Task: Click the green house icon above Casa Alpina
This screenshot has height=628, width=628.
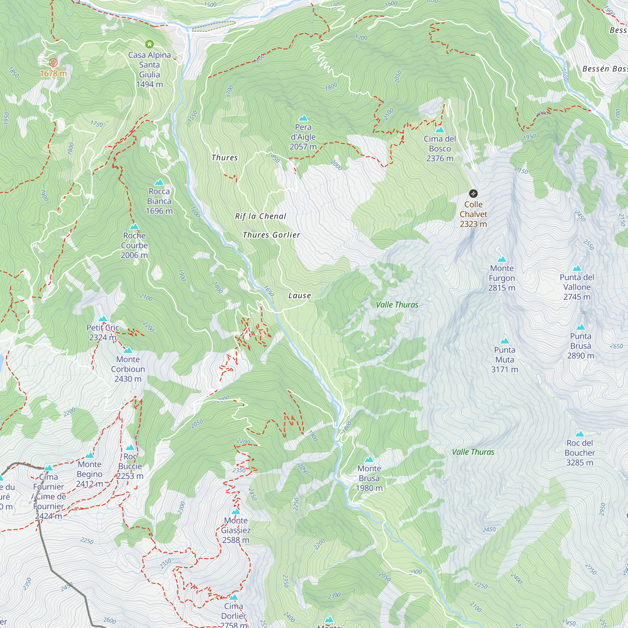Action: (149, 44)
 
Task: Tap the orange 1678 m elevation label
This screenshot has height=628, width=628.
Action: (53, 73)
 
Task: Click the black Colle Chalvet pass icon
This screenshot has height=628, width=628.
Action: (473, 194)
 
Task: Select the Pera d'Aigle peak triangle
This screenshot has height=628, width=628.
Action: (303, 118)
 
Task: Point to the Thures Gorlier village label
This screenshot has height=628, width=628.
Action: (271, 235)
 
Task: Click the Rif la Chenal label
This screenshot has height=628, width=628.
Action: (260, 216)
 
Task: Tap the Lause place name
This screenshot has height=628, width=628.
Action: (299, 295)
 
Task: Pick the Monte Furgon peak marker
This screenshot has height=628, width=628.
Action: (502, 259)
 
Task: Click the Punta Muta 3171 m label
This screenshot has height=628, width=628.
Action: (505, 360)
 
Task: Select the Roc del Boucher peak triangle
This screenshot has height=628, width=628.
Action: (580, 434)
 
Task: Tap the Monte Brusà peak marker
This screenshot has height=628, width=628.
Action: (369, 460)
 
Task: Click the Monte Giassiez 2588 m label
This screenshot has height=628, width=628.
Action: (236, 530)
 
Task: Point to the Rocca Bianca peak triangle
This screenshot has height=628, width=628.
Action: (159, 182)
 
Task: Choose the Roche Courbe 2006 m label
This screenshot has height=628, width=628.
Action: (134, 246)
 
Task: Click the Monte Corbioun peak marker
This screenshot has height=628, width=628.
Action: (128, 350)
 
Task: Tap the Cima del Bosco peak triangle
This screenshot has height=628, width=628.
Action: (440, 130)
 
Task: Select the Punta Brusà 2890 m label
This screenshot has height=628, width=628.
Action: (581, 346)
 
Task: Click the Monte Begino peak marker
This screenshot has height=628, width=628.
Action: (89, 455)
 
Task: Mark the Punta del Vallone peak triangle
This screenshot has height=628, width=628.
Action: (577, 268)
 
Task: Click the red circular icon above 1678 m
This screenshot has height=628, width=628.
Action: (53, 62)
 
